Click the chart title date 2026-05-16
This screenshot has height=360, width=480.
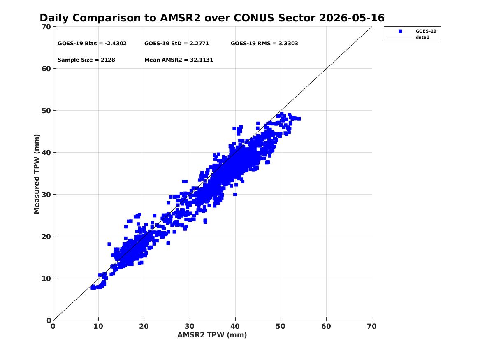pos(352,18)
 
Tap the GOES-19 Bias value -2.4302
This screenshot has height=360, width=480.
pos(116,44)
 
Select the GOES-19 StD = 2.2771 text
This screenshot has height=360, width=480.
pos(176,44)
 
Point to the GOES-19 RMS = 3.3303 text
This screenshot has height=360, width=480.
pos(264,44)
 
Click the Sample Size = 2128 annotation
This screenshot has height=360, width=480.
pos(86,60)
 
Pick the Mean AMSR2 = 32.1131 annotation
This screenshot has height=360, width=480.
pos(179,60)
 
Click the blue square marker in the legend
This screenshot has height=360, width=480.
pos(400,31)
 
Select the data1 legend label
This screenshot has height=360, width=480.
pos(422,37)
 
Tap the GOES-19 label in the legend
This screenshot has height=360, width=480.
pos(426,31)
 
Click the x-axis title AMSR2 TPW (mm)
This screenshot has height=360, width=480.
pos(212,335)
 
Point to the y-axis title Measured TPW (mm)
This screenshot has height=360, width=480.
pos(37,174)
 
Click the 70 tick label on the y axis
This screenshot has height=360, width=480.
pos(46,27)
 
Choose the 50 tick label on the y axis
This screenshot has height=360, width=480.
pos(46,111)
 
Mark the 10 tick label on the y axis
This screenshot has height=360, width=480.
pos(46,279)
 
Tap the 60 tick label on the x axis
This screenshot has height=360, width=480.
pos(326,326)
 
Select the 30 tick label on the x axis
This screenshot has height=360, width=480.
pos(190,326)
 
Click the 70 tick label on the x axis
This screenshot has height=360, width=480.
pos(372,326)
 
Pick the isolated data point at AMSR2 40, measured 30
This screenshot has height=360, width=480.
pos(235,194)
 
